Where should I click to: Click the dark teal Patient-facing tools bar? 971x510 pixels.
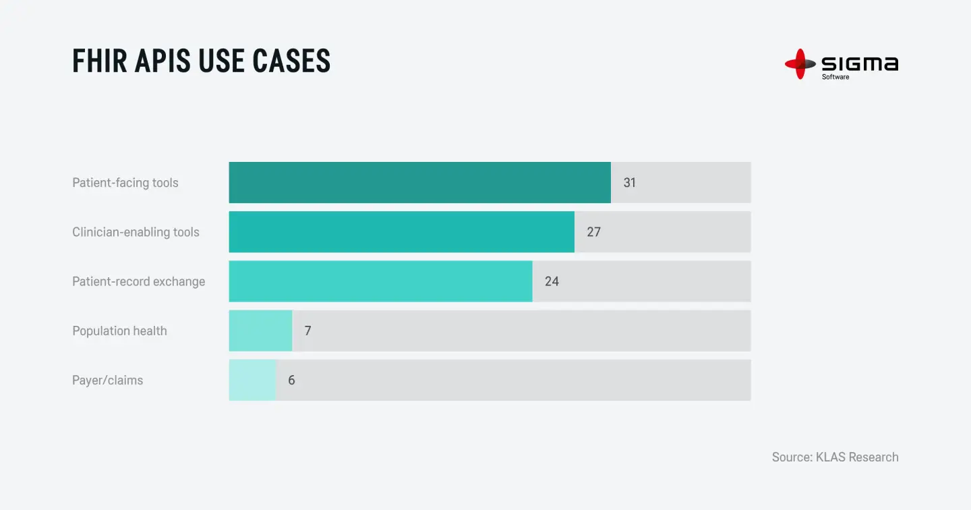click(x=419, y=182)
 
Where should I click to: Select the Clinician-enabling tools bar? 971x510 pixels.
click(x=401, y=231)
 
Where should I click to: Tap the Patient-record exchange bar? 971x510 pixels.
click(x=380, y=281)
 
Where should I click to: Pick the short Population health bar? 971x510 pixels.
click(x=260, y=331)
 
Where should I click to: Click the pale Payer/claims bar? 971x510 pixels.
click(x=252, y=380)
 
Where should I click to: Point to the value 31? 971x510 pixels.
click(x=629, y=183)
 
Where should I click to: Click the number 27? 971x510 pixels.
click(x=593, y=232)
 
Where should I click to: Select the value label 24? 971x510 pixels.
click(x=552, y=281)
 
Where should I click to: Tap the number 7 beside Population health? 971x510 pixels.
click(x=307, y=331)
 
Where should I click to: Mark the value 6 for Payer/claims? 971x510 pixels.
click(x=291, y=380)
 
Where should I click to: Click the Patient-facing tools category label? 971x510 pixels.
click(x=125, y=183)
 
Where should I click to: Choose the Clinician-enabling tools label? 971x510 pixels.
click(x=136, y=232)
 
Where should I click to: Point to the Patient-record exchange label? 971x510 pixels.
click(x=138, y=281)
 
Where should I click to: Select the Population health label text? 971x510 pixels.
click(x=119, y=331)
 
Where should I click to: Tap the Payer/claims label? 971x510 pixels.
click(x=107, y=380)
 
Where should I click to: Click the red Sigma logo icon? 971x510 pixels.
click(x=800, y=64)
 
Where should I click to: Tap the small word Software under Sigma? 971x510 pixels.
click(x=835, y=77)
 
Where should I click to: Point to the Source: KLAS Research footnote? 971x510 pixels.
click(x=835, y=457)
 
